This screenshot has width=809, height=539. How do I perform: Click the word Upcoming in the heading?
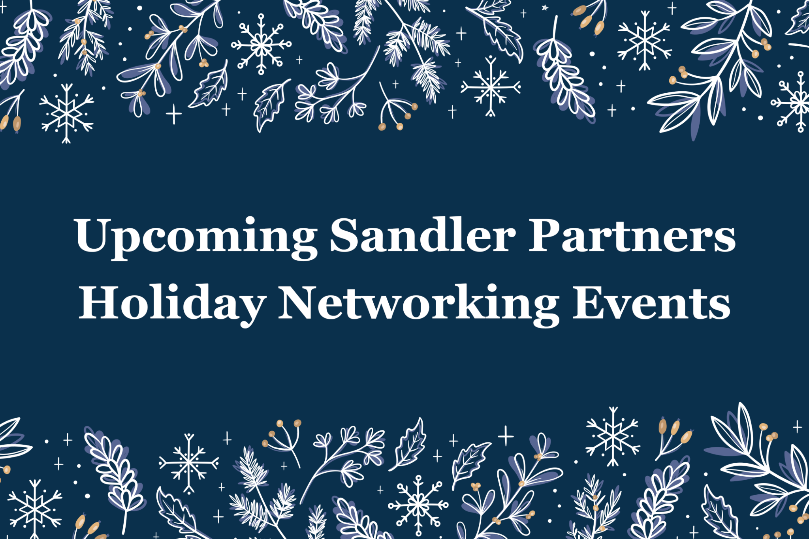click(196, 237)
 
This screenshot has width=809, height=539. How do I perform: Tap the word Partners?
click(632, 236)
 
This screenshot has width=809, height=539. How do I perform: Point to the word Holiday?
click(172, 304)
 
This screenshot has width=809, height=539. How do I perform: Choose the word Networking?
click(419, 304)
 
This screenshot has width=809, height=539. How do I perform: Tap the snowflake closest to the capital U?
click(66, 113)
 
